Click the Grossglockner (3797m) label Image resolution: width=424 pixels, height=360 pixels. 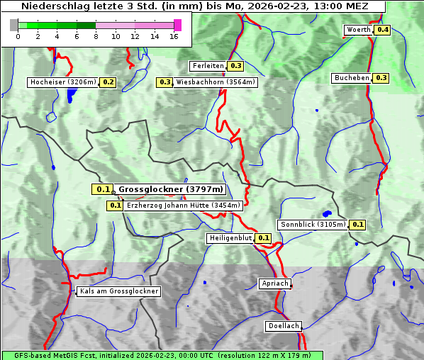point(170,189)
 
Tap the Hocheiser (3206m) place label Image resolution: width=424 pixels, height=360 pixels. point(63,82)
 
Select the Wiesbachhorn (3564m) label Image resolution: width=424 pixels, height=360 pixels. point(216,82)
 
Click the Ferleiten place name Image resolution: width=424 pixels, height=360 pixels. point(208,66)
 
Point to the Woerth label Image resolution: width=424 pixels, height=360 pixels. point(358,30)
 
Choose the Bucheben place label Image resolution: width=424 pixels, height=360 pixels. point(352,77)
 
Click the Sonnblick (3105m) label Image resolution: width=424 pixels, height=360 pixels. point(313,225)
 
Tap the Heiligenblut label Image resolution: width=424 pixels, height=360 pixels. point(230,238)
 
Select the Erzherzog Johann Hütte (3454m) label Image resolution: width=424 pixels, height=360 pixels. point(183,206)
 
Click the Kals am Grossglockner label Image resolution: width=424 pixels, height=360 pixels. point(118,291)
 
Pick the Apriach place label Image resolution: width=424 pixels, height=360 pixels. point(275,283)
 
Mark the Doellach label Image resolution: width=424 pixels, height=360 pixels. point(284,326)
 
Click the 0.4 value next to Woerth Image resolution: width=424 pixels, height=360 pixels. point(383,30)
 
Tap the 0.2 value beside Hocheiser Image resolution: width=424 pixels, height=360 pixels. point(108,82)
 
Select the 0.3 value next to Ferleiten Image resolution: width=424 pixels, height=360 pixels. point(236,66)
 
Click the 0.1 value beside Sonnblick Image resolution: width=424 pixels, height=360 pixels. point(358,225)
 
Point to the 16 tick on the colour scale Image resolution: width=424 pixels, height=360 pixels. point(174,36)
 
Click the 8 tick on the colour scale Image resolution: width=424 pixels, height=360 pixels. point(96,36)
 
